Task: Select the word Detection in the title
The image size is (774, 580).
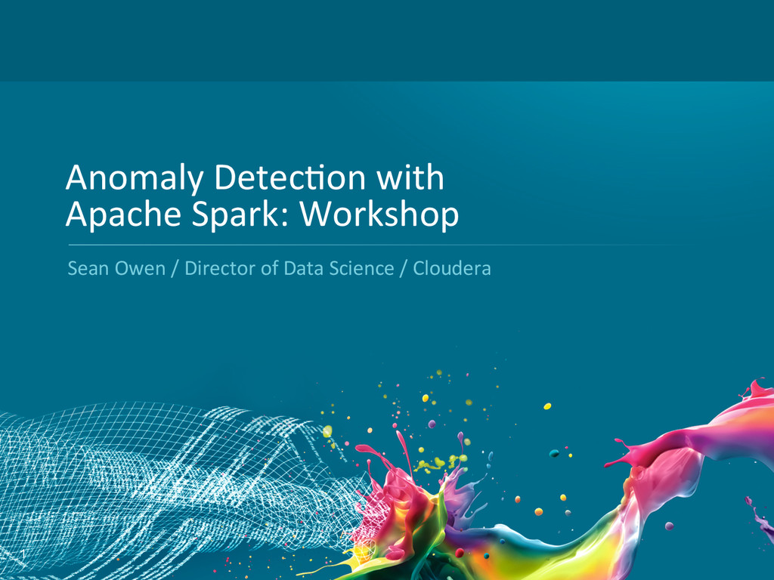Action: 289,177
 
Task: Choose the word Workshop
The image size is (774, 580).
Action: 379,215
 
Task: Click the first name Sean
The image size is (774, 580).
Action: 88,268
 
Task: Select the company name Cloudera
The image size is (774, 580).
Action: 452,268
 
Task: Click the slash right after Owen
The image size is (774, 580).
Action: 175,269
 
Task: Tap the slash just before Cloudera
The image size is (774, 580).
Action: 404,269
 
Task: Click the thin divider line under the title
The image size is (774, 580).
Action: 380,245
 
